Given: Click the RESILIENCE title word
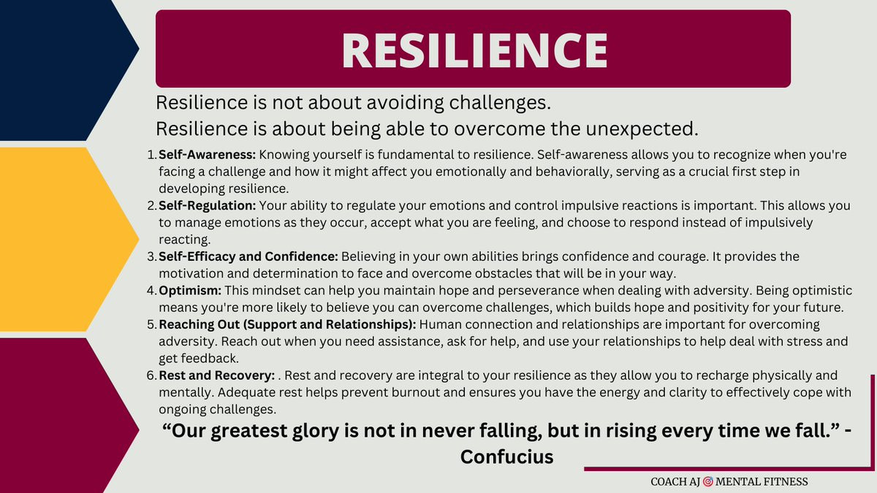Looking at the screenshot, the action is tap(474, 50).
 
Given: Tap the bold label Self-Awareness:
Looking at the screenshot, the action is tap(207, 155).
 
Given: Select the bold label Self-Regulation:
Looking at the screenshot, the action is tap(207, 205).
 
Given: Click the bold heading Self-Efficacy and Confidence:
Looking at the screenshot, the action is tap(248, 256).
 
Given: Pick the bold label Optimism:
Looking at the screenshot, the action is tap(190, 291).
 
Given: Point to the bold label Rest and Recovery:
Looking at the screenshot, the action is tap(216, 375).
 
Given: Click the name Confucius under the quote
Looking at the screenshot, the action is tap(506, 456).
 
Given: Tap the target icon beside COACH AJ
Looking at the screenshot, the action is tap(708, 481).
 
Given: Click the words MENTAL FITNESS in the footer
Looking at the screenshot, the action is tap(762, 481).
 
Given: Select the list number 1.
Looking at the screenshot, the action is tap(151, 155).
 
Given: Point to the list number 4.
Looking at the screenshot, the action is tap(151, 291).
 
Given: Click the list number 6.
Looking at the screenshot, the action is tap(151, 375).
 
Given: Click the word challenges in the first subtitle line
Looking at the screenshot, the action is tap(500, 103).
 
